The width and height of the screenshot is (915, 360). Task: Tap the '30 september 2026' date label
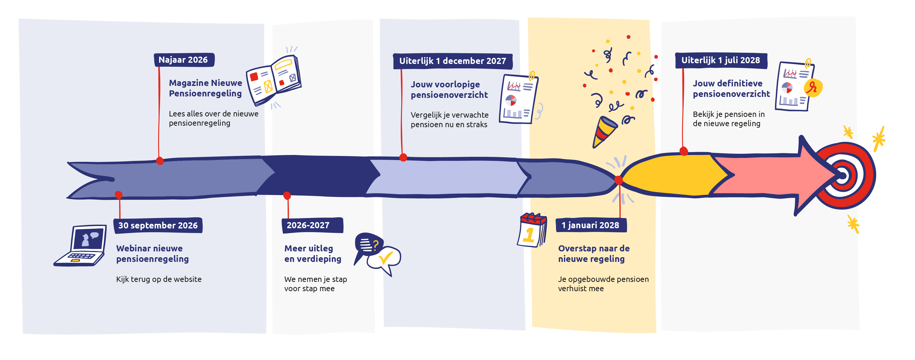[158, 225]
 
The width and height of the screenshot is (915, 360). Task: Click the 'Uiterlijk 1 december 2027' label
[452, 61]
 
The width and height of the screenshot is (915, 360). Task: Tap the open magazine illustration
[274, 80]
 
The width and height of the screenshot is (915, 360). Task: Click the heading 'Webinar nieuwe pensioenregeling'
[152, 253]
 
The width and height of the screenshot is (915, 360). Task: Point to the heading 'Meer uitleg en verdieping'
[313, 253]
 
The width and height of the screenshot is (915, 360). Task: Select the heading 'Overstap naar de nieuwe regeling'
[594, 253]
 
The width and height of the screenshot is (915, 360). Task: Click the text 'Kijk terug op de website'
[159, 279]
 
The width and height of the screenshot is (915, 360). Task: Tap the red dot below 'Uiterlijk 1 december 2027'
[403, 157]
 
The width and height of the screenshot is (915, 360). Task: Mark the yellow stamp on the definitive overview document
[813, 87]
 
